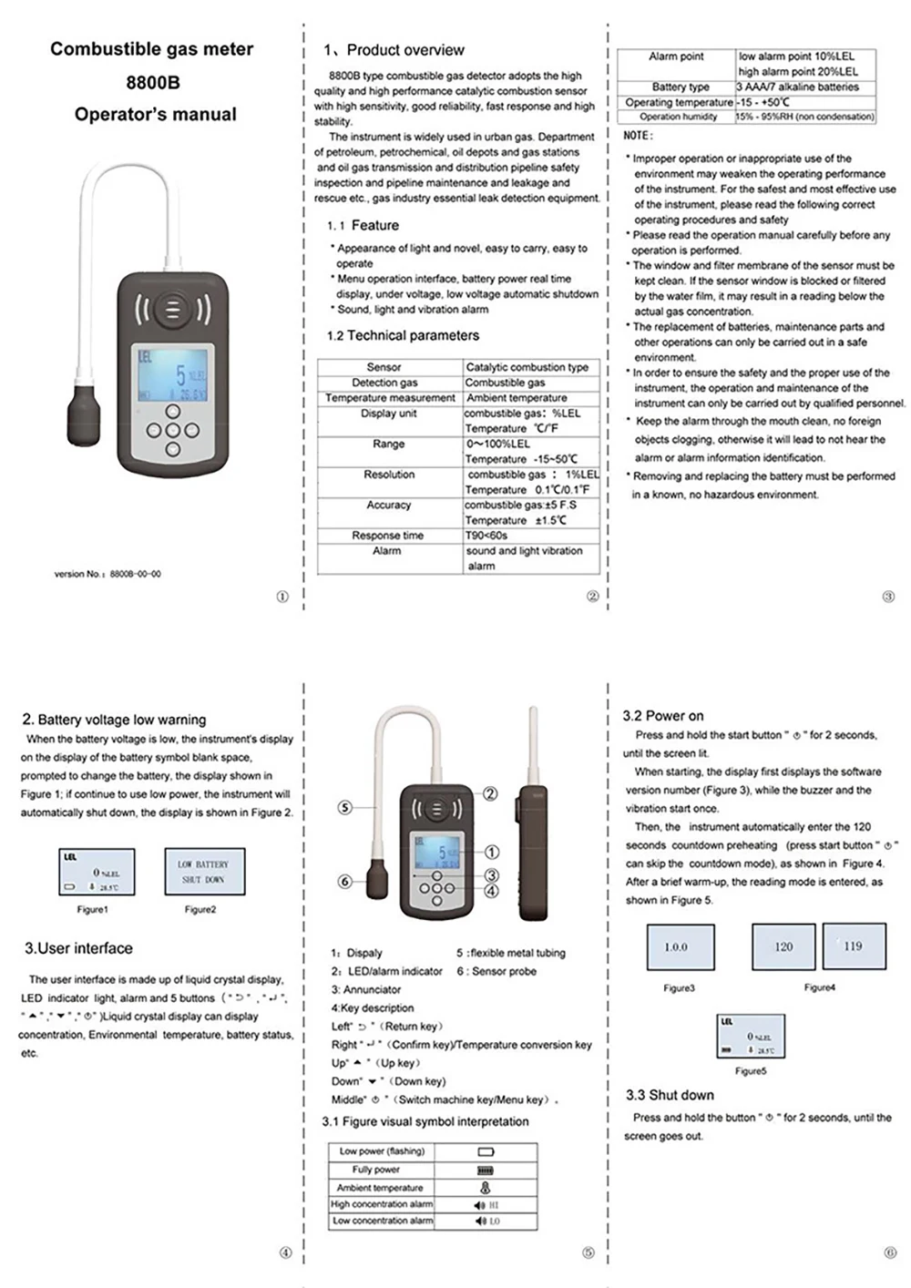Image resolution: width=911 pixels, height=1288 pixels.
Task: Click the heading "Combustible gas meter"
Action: point(151,49)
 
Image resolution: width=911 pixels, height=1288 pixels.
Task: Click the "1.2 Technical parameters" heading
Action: point(403,335)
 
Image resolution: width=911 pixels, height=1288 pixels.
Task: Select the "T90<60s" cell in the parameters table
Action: point(486,536)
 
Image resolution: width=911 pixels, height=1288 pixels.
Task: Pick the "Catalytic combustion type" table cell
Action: point(527,367)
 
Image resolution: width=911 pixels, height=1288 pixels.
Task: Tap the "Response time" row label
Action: point(387,536)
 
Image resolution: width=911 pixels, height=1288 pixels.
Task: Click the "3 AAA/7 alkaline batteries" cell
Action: point(797,87)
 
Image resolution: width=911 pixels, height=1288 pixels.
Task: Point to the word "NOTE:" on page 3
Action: point(638,136)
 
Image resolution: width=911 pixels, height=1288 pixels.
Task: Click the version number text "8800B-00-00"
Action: point(135,574)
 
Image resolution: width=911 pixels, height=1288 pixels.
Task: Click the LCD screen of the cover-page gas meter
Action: point(172,373)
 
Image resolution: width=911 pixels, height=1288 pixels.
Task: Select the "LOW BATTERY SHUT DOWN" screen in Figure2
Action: point(204,872)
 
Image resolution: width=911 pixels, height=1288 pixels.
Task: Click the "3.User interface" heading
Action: point(78,948)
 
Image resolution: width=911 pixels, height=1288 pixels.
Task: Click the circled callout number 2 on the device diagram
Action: point(490,793)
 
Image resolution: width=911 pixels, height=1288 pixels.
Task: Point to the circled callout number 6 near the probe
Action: point(344,881)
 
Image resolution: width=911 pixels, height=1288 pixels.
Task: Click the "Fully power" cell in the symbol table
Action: point(375,1170)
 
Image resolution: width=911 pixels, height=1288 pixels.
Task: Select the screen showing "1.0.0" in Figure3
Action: point(680,947)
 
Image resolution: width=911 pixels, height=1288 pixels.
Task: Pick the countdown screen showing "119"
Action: point(853,946)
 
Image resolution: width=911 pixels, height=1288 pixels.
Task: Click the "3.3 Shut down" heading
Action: point(670,1095)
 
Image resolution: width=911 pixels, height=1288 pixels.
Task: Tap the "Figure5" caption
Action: point(750,1071)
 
